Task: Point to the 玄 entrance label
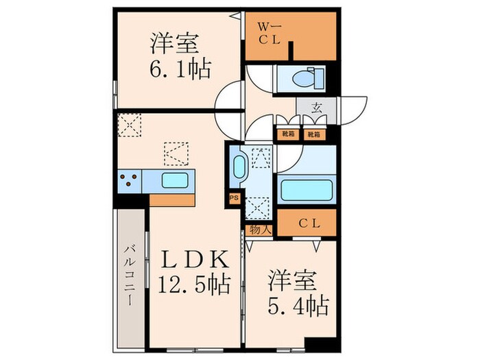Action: click(x=317, y=108)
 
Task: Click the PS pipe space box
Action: click(x=233, y=197)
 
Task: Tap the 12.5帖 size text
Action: click(x=195, y=283)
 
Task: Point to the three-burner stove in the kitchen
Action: click(x=128, y=180)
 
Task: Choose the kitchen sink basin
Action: click(x=176, y=181)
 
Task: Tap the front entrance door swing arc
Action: click(x=352, y=110)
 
